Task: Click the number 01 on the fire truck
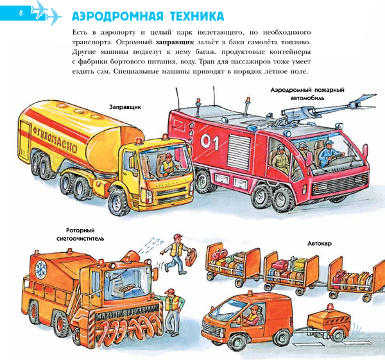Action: [210, 139]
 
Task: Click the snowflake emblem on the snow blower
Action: [40, 266]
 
